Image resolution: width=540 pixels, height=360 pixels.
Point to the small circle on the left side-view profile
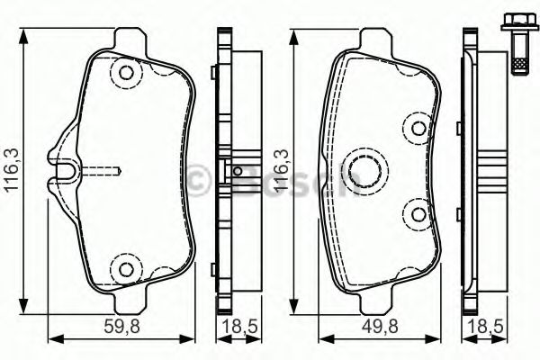pos(237,171)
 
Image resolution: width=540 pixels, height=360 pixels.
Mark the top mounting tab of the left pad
pos(131,40)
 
